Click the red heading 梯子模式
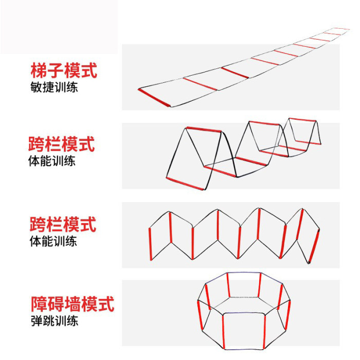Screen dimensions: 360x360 64,70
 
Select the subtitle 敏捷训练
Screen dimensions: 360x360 54,87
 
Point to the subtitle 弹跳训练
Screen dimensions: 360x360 54,321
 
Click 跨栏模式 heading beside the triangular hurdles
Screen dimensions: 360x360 62,145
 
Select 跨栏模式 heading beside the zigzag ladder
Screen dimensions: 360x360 62,225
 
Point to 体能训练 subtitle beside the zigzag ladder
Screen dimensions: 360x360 53,241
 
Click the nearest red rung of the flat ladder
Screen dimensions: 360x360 154,98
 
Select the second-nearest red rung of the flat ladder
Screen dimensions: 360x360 200,84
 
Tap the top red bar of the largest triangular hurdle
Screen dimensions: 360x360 204,129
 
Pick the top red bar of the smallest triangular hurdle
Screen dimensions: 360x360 302,120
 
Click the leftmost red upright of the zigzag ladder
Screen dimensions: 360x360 151,244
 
